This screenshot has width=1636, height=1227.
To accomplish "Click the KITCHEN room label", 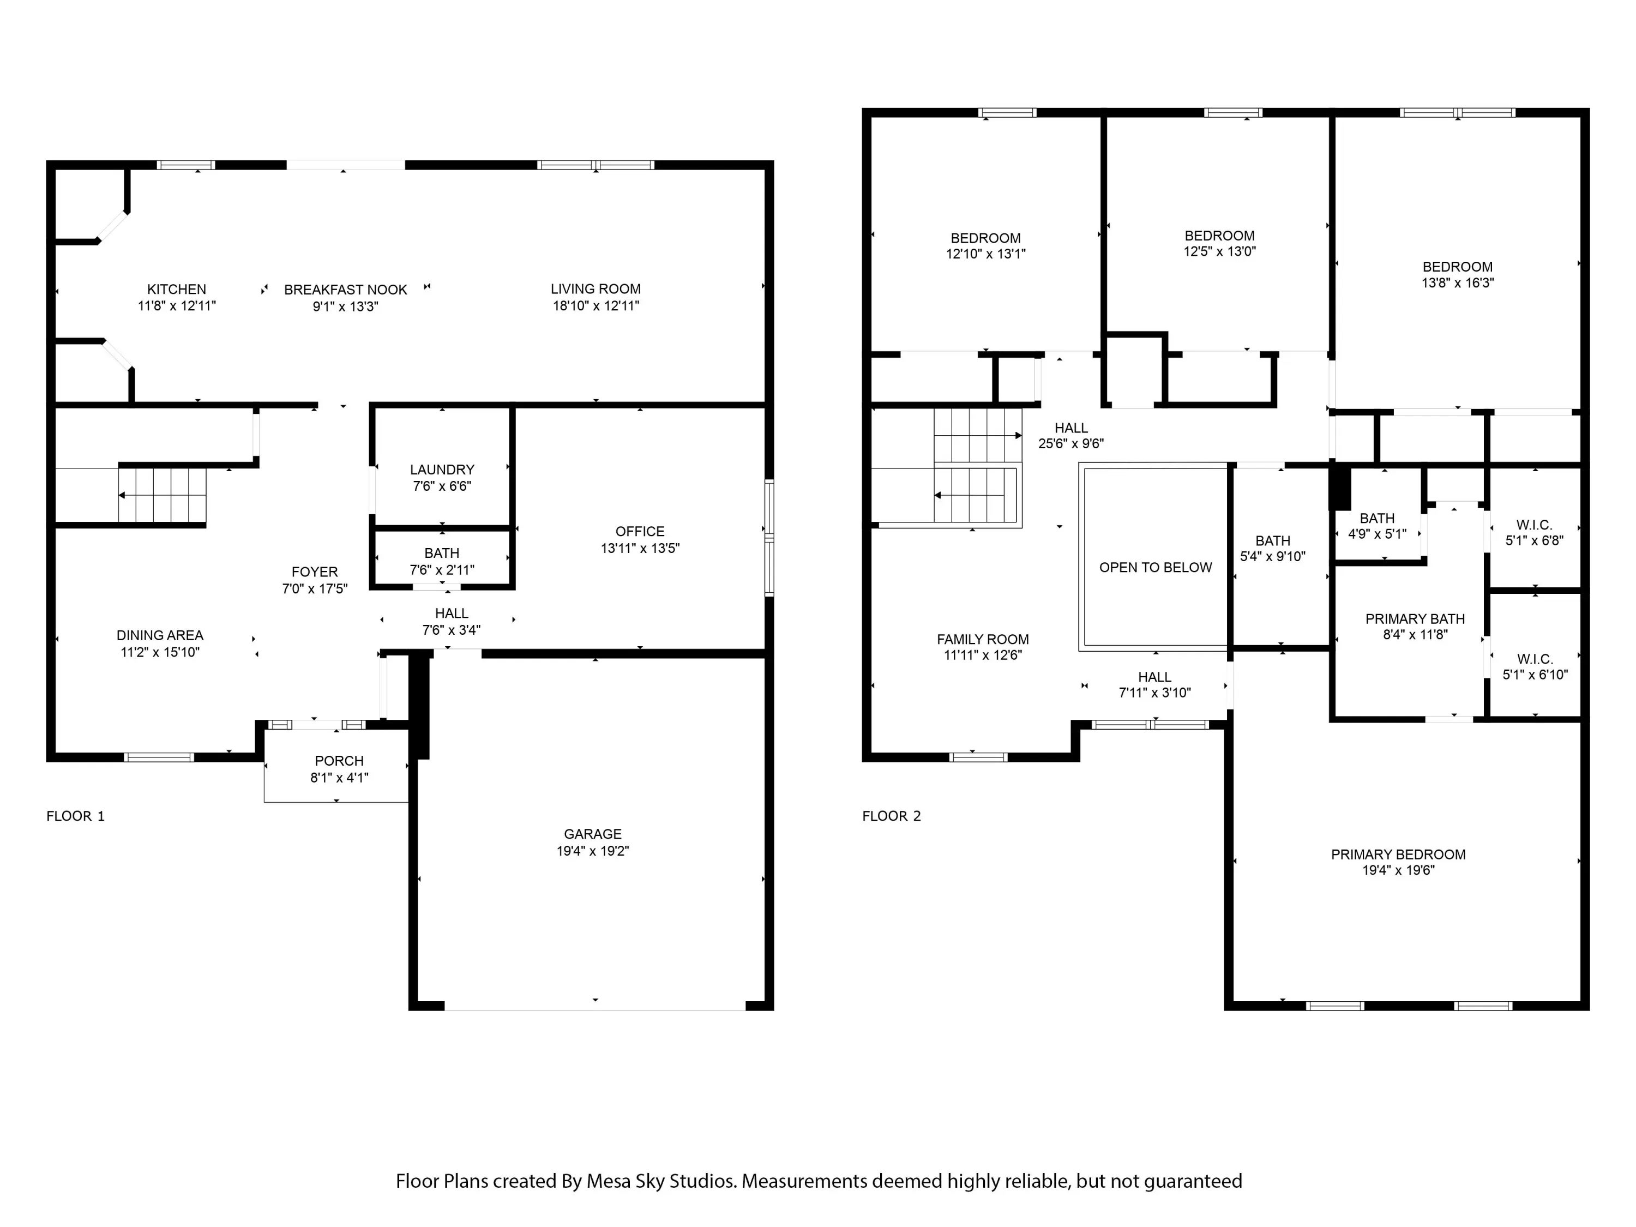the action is tap(176, 289).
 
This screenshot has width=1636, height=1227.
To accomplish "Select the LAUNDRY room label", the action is tap(442, 470).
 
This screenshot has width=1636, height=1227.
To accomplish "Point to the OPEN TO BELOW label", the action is tap(1155, 567).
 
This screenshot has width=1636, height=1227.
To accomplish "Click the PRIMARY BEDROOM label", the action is tap(1398, 854).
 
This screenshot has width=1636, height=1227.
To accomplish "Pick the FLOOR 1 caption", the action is tap(75, 816).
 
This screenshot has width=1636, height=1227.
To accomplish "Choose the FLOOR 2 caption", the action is tap(891, 816).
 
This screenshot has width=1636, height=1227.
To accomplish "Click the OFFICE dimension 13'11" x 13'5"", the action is tap(640, 548).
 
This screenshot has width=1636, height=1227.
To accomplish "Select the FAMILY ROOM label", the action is tap(982, 639).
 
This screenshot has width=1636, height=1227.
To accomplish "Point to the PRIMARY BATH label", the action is tap(1415, 619).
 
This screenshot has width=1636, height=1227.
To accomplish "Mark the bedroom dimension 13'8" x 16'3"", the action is tap(1457, 282).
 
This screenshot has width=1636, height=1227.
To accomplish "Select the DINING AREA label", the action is tap(160, 635).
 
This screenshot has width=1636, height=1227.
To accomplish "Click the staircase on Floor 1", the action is tap(162, 495).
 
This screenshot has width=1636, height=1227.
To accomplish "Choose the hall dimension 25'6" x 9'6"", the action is tap(1071, 444).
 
